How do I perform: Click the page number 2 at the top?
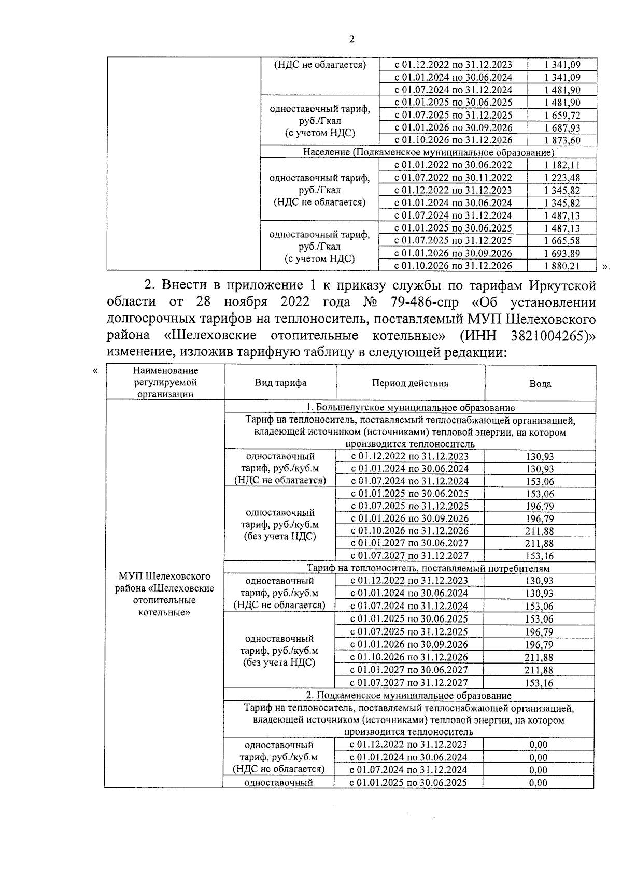click(x=352, y=40)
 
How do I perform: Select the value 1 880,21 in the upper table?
click(x=562, y=266)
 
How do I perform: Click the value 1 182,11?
click(x=562, y=165)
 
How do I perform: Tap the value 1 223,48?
click(x=562, y=178)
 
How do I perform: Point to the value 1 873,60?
click(x=562, y=140)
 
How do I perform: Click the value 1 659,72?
click(x=562, y=115)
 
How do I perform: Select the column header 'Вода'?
click(x=540, y=384)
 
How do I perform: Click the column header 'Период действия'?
click(x=410, y=383)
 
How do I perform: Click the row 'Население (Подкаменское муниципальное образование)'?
click(x=428, y=153)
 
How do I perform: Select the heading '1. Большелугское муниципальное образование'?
click(x=409, y=408)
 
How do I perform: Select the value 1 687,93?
click(x=562, y=128)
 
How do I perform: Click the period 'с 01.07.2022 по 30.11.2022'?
click(x=453, y=178)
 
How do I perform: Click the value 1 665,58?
click(x=562, y=241)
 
